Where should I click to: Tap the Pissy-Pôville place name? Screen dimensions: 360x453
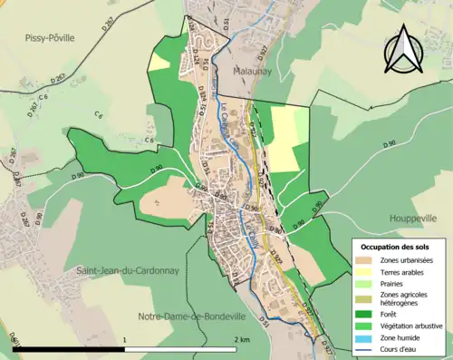click(x=43, y=37)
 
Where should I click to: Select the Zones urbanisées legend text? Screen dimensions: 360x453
click(x=407, y=258)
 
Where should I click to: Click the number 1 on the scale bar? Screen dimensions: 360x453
click(x=125, y=338)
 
